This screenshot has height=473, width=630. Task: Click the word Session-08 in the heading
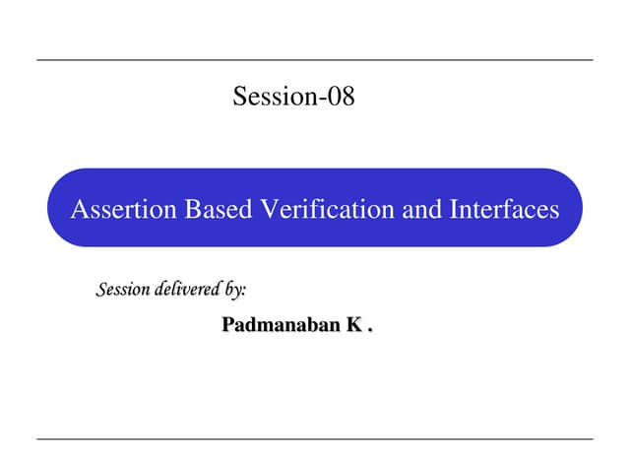pos(293,97)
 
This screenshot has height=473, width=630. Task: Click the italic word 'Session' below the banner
pos(123,290)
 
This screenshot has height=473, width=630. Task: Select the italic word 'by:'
pos(235,290)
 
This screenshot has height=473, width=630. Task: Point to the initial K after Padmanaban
pos(350,323)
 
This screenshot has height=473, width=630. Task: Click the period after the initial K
pos(369,328)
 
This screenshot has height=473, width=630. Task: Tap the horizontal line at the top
pos(315,60)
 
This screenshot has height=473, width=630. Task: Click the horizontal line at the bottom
pos(315,439)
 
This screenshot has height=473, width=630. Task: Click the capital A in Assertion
pos(79,209)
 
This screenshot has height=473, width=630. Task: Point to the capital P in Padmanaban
pos(228,323)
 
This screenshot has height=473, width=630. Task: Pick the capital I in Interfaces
pos(453,209)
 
